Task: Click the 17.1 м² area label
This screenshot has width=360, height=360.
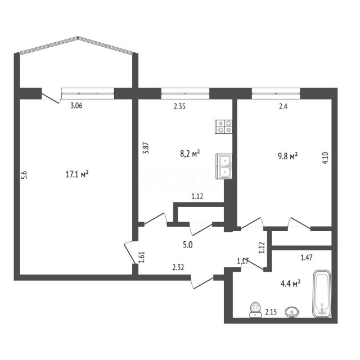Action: [77, 174]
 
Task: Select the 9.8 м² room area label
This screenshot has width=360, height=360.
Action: [287, 156]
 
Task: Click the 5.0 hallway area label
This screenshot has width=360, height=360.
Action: [187, 245]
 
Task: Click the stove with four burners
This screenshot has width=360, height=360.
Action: [224, 127]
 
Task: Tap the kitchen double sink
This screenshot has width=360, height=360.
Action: [224, 165]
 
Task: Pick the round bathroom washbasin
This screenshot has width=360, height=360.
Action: [292, 311]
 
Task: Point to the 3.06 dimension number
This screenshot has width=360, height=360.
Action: [75, 105]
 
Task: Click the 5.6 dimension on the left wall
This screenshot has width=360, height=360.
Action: [24, 175]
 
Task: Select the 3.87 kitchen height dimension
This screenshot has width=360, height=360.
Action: [146, 148]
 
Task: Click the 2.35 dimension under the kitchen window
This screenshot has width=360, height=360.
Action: [179, 105]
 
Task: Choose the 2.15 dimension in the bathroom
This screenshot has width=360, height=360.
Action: [271, 311]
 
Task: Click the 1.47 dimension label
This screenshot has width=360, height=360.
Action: [307, 258]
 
